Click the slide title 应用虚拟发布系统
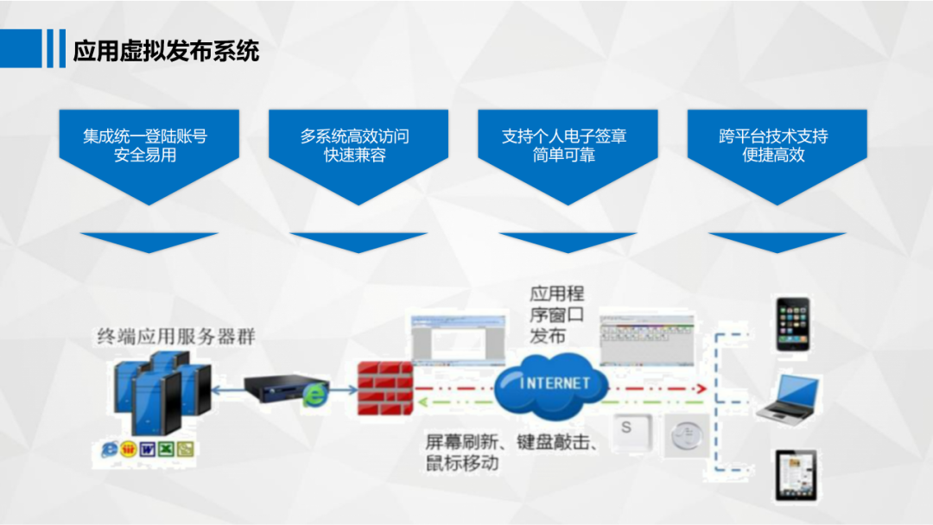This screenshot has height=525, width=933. (166, 50)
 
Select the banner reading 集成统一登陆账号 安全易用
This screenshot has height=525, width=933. (145, 146)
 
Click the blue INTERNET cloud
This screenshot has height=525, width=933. (554, 384)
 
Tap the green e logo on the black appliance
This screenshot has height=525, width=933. (314, 395)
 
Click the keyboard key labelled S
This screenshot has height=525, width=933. (628, 430)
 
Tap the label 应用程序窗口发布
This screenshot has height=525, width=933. (556, 315)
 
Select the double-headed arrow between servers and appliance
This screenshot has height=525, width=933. (227, 390)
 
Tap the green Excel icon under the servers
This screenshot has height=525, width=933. (166, 449)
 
